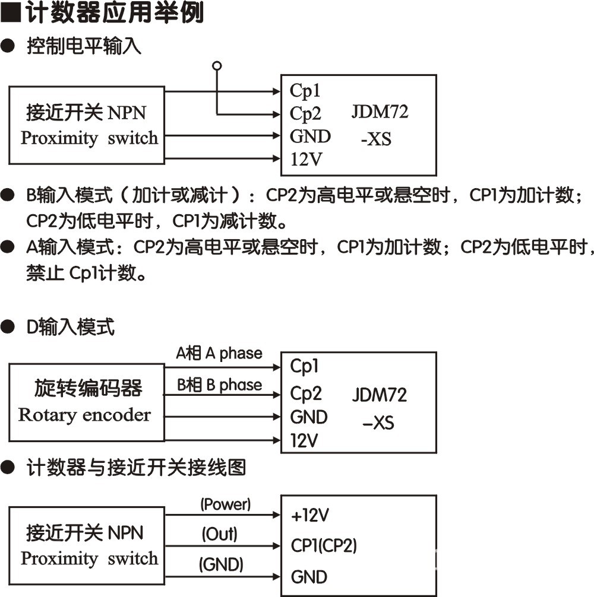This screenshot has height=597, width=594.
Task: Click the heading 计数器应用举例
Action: click(113, 13)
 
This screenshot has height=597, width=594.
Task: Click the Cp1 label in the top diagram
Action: click(305, 91)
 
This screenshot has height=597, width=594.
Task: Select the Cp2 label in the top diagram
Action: click(305, 113)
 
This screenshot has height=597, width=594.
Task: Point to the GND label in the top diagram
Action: click(310, 136)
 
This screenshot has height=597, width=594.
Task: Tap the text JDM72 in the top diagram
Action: click(380, 112)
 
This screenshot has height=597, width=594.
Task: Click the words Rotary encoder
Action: click(84, 414)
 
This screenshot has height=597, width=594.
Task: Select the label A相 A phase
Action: click(219, 354)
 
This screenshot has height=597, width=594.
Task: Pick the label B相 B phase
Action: click(219, 385)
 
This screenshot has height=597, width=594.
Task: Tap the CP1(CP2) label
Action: click(324, 545)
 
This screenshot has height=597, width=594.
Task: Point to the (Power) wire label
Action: click(225, 504)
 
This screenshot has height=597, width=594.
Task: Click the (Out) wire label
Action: click(219, 534)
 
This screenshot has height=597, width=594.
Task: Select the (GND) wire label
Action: click(221, 564)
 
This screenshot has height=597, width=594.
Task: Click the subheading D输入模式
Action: click(71, 326)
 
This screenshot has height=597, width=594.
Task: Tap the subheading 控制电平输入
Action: click(84, 46)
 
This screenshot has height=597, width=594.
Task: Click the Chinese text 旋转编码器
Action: click(88, 388)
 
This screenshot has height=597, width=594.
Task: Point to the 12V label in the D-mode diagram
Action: click(304, 440)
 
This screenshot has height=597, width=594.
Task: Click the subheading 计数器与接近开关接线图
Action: click(136, 468)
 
